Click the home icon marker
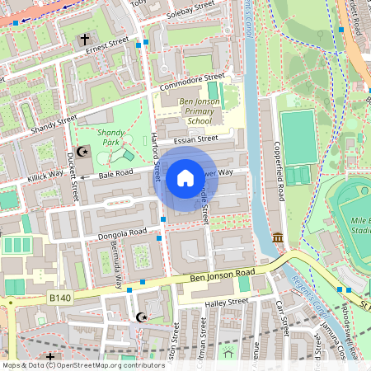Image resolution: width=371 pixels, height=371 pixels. pos(185,177)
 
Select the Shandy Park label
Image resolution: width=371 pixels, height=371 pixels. pos(110,137)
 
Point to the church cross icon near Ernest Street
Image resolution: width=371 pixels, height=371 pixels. pos(84,40)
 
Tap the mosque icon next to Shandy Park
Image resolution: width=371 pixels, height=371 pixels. pos(82,151)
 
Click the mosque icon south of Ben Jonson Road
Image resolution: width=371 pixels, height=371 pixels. pos(140,317)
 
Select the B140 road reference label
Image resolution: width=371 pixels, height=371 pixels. pos(59,297)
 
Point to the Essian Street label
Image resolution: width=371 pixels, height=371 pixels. pos(195,139)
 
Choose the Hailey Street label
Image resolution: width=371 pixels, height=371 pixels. pos(225,303)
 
